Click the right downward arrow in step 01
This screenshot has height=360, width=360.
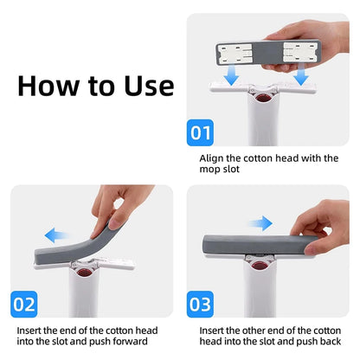tap(301, 77)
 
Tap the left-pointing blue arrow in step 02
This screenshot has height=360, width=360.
tap(58, 234)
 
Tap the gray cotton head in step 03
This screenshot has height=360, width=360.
tap(260, 244)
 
